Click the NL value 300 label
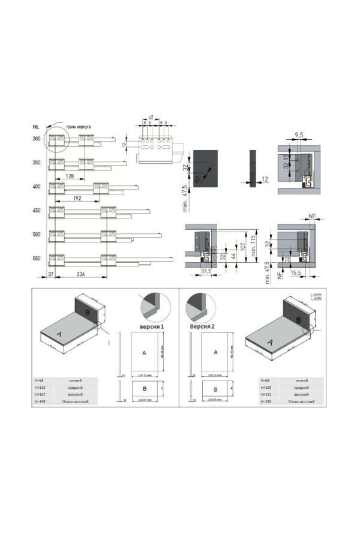coord(37,139)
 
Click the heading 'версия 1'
coord(152,326)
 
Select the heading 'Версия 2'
coord(203,327)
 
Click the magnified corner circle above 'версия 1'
coord(151,308)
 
